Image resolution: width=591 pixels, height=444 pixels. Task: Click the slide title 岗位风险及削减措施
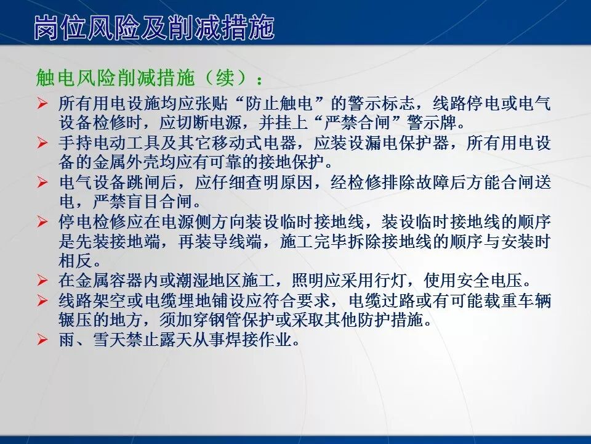coord(154,28)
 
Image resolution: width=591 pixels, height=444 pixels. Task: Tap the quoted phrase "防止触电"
coord(280,103)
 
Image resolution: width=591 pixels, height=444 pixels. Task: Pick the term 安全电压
coord(492,281)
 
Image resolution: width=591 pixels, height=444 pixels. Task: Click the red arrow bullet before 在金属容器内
coord(42,281)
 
